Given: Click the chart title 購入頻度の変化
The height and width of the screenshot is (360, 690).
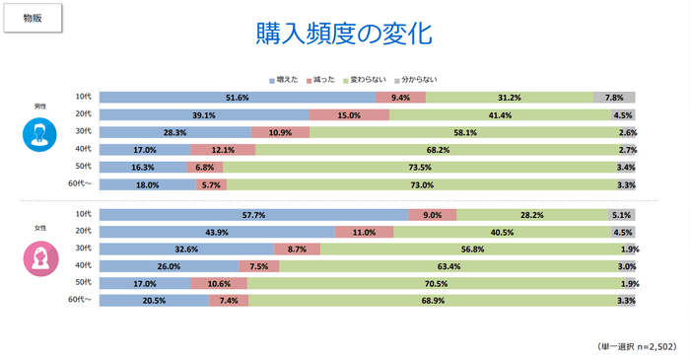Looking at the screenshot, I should click(x=345, y=32).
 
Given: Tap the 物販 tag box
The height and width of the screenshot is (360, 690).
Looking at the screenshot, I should click(x=33, y=17).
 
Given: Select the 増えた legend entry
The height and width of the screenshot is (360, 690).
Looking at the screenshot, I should click(x=287, y=78).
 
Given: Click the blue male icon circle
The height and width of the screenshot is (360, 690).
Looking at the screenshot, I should click(x=40, y=134).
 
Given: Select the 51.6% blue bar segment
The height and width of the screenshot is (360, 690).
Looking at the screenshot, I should click(x=237, y=98).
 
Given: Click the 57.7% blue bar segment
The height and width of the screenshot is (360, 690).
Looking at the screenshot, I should click(x=253, y=215).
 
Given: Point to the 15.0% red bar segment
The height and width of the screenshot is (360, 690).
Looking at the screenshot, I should click(x=349, y=114).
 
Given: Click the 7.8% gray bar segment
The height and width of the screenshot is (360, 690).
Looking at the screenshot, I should click(x=614, y=98).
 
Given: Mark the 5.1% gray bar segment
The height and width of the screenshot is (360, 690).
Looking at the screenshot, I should click(x=621, y=215).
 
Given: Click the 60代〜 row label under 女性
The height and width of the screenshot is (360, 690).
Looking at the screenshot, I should click(x=79, y=300).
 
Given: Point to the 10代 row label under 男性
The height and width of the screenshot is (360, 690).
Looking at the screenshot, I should click(x=84, y=97).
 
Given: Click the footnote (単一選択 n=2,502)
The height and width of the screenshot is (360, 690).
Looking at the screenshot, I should click(x=636, y=347).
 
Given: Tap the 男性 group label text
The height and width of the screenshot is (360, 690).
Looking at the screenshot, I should click(x=40, y=105).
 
